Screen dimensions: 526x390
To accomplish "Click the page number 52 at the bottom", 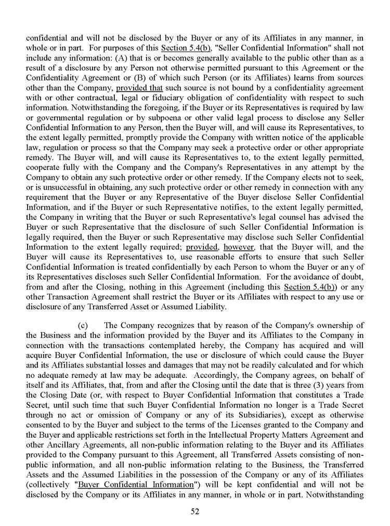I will [195, 511].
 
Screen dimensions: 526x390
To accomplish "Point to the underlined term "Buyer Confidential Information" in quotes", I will [135, 484].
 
